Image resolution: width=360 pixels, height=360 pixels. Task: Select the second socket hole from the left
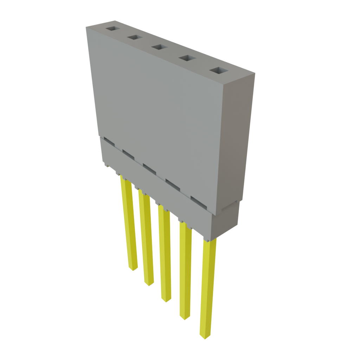point(134,37)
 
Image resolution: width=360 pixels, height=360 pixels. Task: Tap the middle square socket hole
point(159,47)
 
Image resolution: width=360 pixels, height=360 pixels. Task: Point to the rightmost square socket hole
point(219,71)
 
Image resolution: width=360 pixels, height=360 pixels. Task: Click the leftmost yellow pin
point(128,225)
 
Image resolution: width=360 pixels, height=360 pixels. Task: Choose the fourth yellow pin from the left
point(185,271)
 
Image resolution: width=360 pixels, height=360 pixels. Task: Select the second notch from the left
point(128,154)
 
